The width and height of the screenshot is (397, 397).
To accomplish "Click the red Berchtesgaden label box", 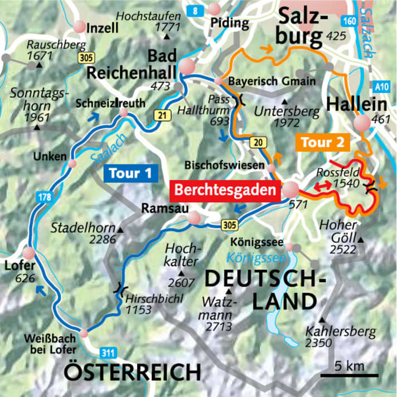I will (225, 190).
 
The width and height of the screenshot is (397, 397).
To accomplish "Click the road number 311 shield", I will (109, 352).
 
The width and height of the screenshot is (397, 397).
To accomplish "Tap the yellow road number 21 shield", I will (161, 115).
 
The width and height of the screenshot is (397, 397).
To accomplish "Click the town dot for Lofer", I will (28, 253).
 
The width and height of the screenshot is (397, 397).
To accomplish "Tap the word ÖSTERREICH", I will (132, 371).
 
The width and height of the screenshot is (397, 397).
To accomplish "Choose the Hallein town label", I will (349, 104).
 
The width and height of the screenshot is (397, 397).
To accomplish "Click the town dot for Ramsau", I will (193, 218).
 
